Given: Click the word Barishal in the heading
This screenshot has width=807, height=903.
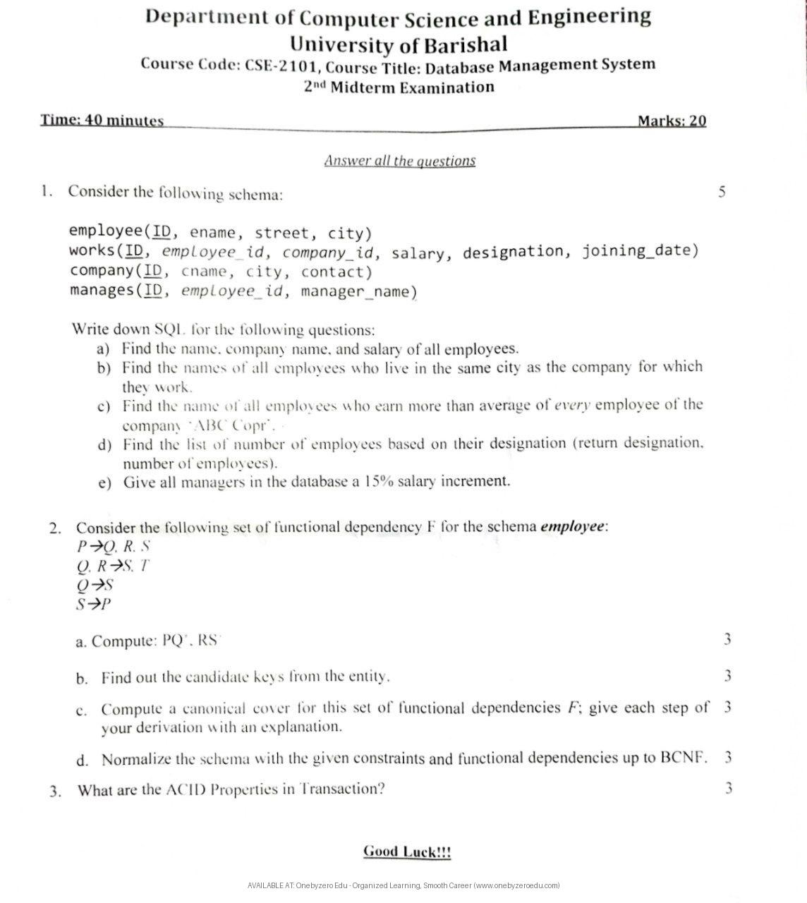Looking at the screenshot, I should point(465,44).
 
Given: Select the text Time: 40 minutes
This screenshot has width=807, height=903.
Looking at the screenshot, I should point(102,121).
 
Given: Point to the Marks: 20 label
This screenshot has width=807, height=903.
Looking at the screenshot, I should point(672,121).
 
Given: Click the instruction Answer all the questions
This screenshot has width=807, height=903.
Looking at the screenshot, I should point(400,161).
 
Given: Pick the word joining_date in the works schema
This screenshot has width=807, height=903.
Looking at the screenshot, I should point(640,250).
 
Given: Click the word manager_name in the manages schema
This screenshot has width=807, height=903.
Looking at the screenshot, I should point(359,291).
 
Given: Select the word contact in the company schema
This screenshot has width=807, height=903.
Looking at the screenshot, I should point(336,272).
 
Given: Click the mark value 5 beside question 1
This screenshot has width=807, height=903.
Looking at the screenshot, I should point(722,192).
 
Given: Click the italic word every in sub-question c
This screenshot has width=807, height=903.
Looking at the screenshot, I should point(574,405).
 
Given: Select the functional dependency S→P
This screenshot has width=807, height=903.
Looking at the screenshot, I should point(95,604).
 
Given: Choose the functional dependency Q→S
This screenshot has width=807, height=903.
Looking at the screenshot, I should point(95,585).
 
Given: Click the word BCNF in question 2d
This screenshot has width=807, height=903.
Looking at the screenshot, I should point(683,758).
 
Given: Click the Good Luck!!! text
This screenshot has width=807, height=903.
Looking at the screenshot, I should point(407,852).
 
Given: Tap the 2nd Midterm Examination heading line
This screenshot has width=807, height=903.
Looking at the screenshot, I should point(399,87).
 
